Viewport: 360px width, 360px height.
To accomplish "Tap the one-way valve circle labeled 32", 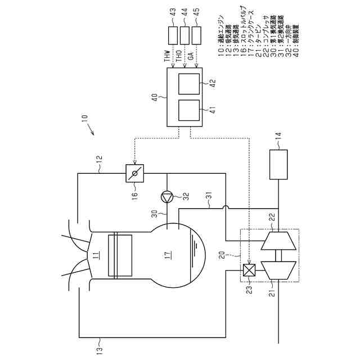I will click(167, 196).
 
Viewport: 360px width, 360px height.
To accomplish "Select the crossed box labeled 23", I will click(247, 271).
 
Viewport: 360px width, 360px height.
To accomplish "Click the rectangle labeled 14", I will click(278, 164).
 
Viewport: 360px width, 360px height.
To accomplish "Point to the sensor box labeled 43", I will click(173, 35).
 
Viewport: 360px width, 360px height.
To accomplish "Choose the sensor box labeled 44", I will click(184, 35).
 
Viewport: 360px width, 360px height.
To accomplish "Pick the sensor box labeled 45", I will click(196, 35).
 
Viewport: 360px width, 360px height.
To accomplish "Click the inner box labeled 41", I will click(188, 111).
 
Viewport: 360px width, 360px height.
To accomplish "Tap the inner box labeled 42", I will click(188, 83).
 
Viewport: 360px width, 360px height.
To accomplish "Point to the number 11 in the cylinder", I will click(96, 258).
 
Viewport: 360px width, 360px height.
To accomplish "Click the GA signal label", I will click(191, 57).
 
